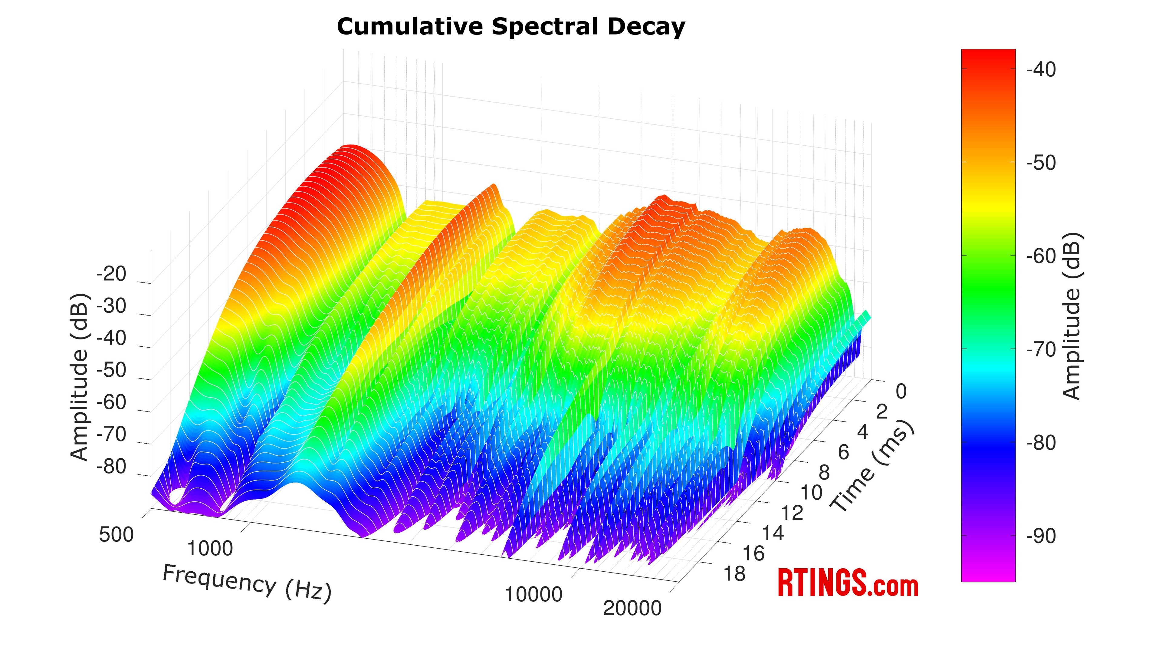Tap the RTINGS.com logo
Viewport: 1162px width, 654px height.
click(848, 583)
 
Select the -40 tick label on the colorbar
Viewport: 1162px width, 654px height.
click(1041, 70)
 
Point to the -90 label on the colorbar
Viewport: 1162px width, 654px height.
click(1041, 537)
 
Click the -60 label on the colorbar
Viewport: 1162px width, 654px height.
click(1041, 256)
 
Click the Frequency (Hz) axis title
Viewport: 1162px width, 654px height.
click(247, 583)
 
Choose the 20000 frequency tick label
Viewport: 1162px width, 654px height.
click(632, 608)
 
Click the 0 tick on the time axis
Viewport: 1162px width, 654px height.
click(901, 392)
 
